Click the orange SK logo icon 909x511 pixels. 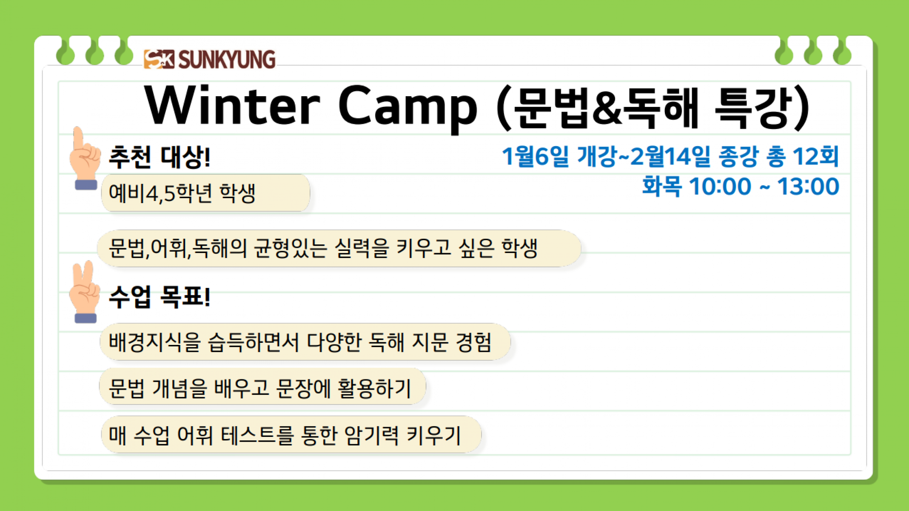click(x=159, y=59)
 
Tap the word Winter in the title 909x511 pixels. click(x=232, y=105)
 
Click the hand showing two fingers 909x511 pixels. click(x=85, y=292)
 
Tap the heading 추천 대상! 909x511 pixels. click(x=160, y=157)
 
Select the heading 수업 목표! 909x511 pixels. click(x=160, y=296)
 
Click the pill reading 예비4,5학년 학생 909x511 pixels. click(x=205, y=193)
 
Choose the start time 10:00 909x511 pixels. click(x=720, y=187)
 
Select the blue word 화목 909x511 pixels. click(x=661, y=186)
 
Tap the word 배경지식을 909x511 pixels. click(x=154, y=342)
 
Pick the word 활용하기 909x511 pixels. click(x=374, y=388)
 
